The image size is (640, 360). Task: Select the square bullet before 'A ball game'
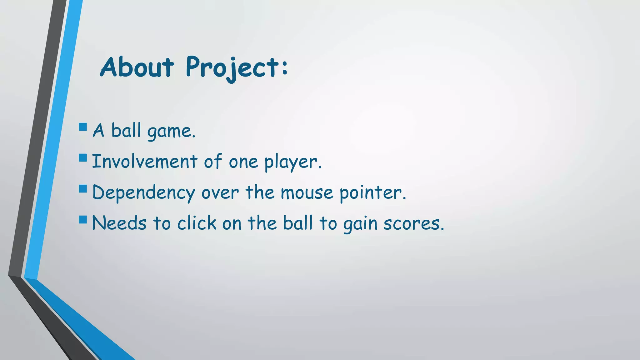click(83, 127)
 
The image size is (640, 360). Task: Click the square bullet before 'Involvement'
click(83, 157)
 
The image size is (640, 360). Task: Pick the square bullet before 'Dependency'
click(83, 188)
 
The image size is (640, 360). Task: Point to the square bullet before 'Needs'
click(83, 219)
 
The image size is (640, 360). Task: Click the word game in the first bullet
click(171, 131)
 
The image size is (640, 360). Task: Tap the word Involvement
click(144, 162)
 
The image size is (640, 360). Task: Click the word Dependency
click(143, 193)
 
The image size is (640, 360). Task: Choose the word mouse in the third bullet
click(307, 192)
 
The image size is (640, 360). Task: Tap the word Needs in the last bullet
click(119, 223)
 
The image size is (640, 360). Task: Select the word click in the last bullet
click(197, 223)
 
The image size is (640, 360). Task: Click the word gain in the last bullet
click(360, 224)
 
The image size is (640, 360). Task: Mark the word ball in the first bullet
click(126, 130)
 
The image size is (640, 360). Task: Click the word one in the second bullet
click(243, 162)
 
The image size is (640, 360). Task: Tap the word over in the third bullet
click(220, 193)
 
